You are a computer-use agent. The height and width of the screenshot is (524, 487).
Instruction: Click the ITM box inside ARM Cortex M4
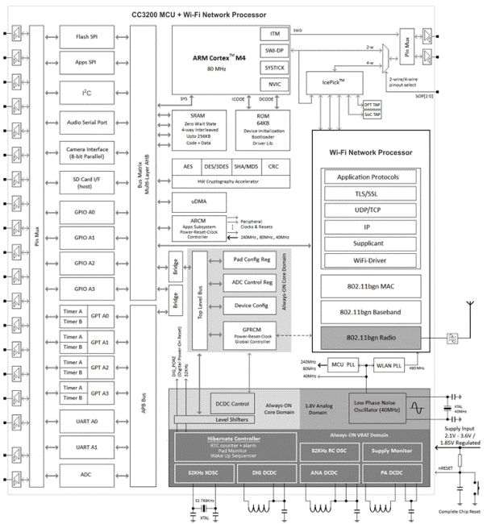pyautogui.click(x=273, y=34)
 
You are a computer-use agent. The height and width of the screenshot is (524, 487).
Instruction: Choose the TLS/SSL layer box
pyautogui.click(x=374, y=193)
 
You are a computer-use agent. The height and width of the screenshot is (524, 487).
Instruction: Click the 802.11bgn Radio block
pyautogui.click(x=374, y=335)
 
